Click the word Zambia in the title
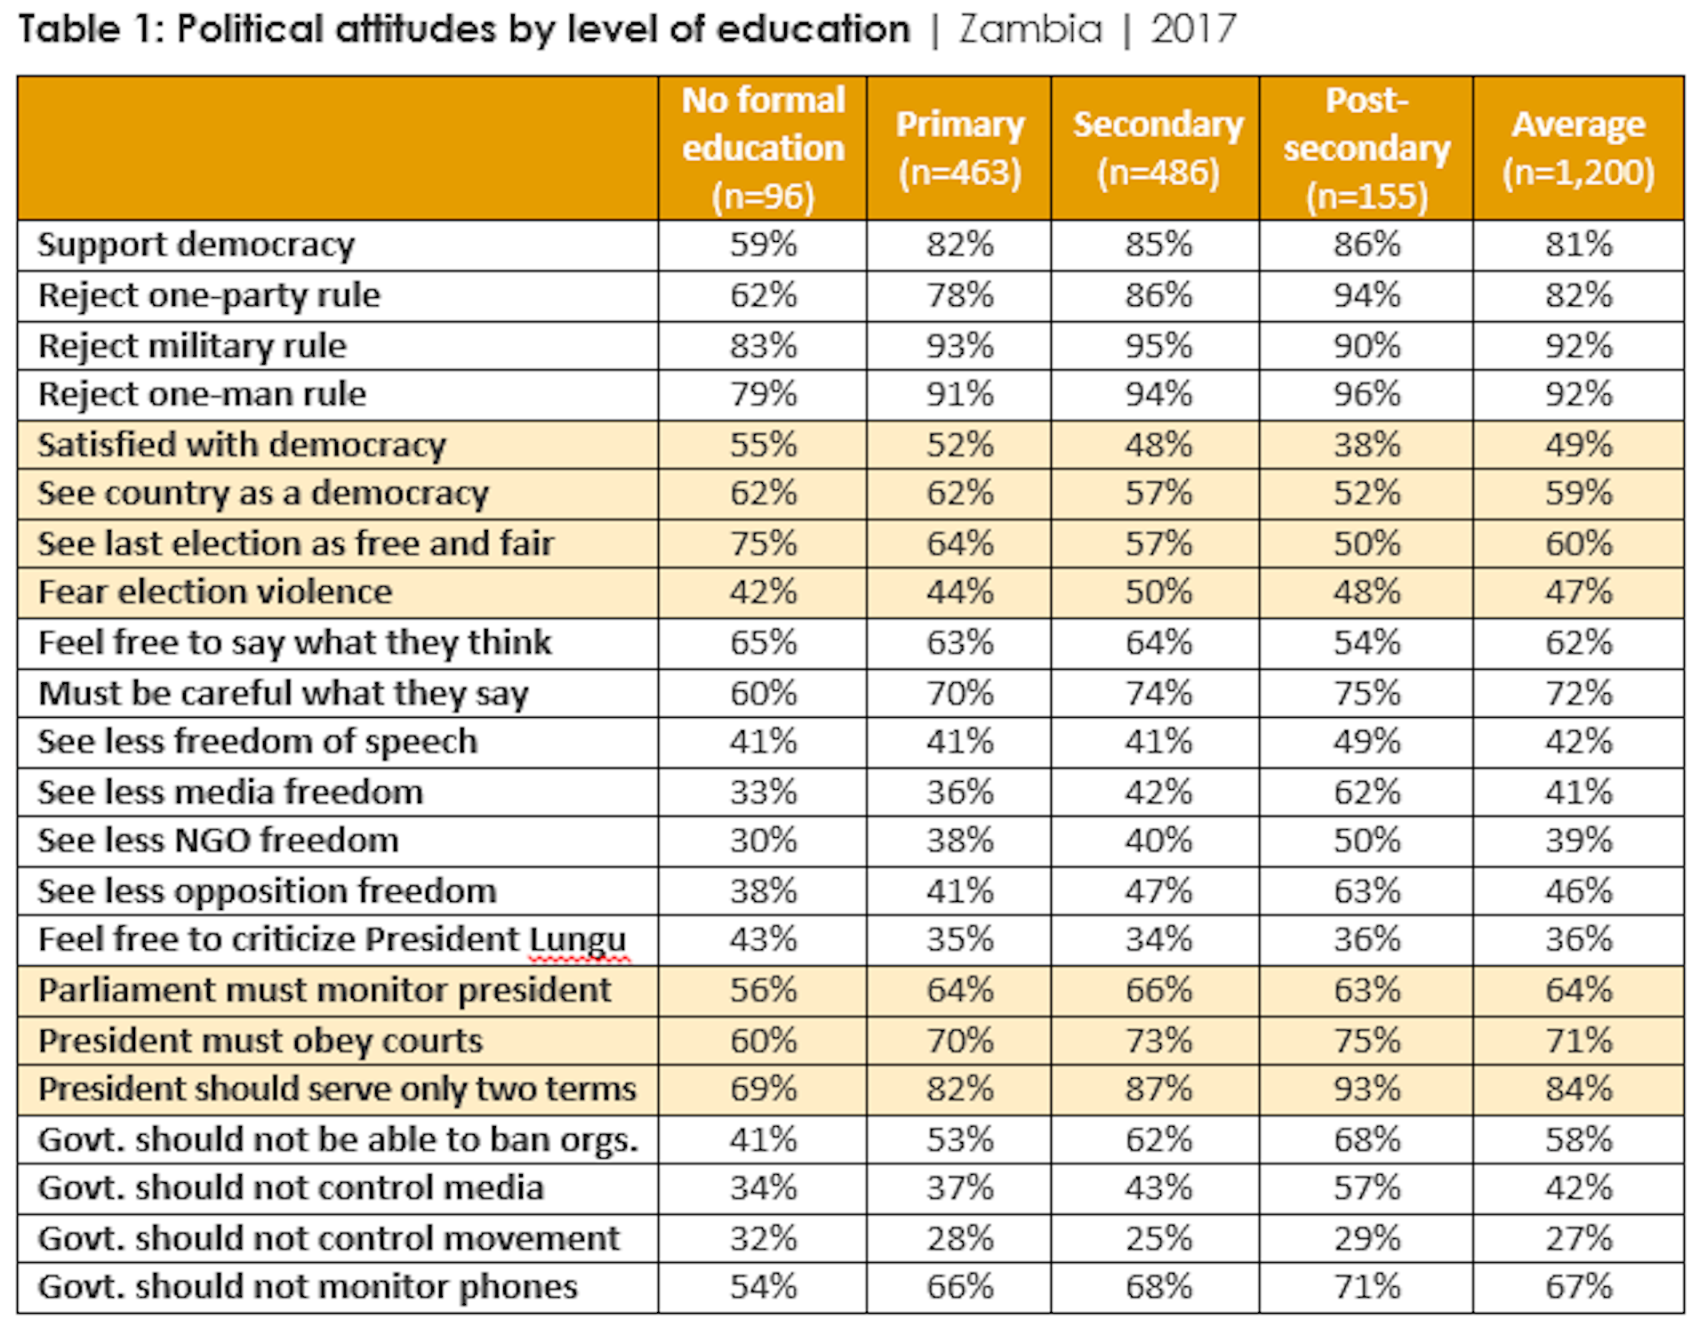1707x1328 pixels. click(x=1030, y=29)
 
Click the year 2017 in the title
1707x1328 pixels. click(x=1193, y=29)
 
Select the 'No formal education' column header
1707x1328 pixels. click(x=763, y=148)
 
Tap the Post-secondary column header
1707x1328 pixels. click(x=1366, y=148)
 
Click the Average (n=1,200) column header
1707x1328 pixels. click(x=1578, y=148)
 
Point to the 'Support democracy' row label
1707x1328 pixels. click(x=196, y=245)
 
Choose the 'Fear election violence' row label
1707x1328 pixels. click(x=215, y=592)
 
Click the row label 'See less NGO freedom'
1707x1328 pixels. click(x=219, y=841)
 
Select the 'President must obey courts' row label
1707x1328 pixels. click(x=260, y=1041)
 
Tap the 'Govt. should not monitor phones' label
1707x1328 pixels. click(x=308, y=1287)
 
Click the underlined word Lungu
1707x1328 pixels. click(x=579, y=940)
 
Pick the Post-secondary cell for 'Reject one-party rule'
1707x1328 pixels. click(x=1366, y=295)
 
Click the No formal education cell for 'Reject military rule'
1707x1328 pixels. click(x=763, y=345)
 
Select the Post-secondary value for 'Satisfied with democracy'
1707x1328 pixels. click(x=1366, y=445)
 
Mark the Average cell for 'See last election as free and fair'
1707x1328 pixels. click(x=1578, y=543)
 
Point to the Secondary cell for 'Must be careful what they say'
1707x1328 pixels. click(x=1158, y=693)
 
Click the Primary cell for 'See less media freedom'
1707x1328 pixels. click(x=959, y=792)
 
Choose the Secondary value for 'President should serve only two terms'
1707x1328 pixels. click(x=1158, y=1089)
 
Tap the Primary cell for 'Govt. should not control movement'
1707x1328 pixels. click(x=959, y=1238)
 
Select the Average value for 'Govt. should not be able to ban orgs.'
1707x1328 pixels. click(x=1578, y=1139)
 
